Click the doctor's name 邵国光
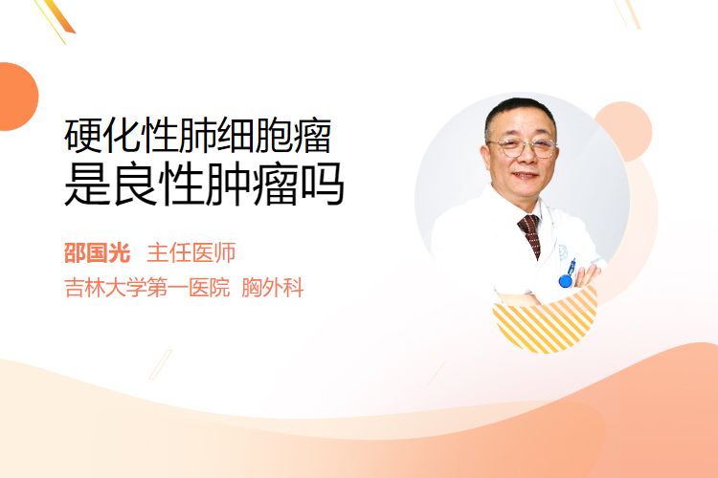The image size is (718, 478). pyautogui.click(x=98, y=252)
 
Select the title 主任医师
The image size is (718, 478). pyautogui.click(x=191, y=252)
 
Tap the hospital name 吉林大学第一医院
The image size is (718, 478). pyautogui.click(x=147, y=288)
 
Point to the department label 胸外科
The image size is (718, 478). pyautogui.click(x=273, y=288)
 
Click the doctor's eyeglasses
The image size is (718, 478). pyautogui.click(x=523, y=147)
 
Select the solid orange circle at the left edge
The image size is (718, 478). pyautogui.click(x=17, y=97)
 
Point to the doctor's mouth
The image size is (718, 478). pyautogui.click(x=525, y=175)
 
